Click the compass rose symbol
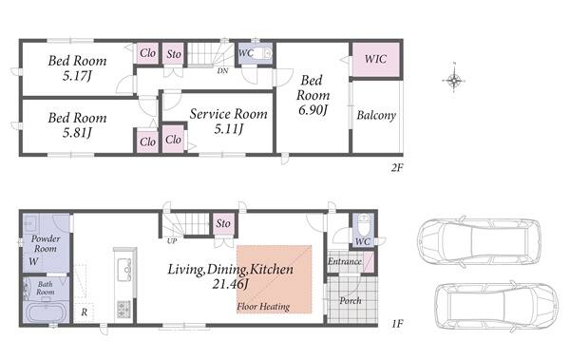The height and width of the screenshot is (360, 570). tap(454, 80)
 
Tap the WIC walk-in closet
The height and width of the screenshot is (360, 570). tap(376, 60)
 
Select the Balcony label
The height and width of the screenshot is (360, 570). tap(376, 115)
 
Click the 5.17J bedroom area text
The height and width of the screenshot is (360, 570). tap(77, 76)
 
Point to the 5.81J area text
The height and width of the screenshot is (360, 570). tap(77, 132)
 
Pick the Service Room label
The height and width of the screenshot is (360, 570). tap(228, 114)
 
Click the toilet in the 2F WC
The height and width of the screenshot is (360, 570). tap(261, 54)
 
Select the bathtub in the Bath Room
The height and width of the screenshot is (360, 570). tap(47, 313)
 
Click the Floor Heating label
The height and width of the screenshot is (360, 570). tap(263, 307)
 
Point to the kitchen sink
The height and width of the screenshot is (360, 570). tap(124, 269)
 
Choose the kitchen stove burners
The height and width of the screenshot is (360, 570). tap(123, 309)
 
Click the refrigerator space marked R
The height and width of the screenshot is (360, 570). tap(84, 312)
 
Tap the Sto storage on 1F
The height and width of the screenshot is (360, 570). tap(223, 223)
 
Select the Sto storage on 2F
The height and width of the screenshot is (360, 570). tap(174, 54)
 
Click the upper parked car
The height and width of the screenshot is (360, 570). tap(479, 241)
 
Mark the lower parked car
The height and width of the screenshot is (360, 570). tap(497, 306)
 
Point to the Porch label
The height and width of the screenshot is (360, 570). tap(351, 301)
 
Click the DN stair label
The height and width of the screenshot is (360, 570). tap(222, 71)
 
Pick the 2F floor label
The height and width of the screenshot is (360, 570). tap(397, 167)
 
